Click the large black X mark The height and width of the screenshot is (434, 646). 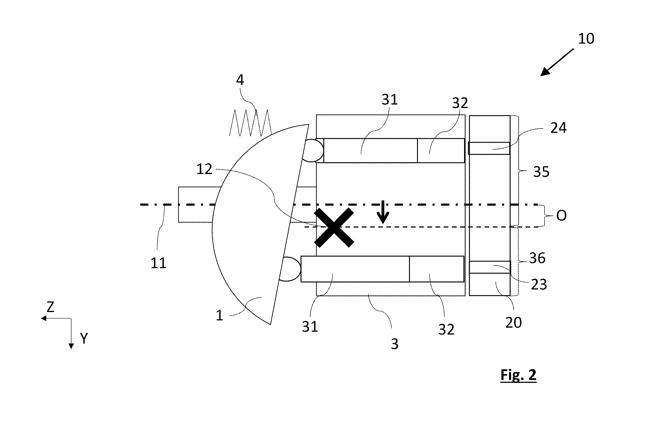point(334,227)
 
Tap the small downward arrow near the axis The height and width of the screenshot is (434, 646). point(383,212)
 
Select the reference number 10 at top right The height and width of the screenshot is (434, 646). point(586,39)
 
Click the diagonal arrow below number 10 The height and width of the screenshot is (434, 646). point(557,62)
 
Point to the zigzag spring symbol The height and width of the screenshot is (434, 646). point(250,123)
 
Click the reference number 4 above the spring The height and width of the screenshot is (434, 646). point(240,80)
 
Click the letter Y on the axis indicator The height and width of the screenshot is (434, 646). point(84,338)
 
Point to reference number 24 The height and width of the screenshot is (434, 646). point(558,128)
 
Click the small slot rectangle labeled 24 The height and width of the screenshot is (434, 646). point(489,148)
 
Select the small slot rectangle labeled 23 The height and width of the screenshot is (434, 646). point(490,267)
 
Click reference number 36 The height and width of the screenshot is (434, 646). point(537,258)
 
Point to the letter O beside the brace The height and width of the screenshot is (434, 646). point(561,216)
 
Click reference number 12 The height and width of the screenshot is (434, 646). point(204,169)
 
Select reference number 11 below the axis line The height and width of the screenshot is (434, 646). point(158,263)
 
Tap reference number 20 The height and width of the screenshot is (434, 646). point(513,323)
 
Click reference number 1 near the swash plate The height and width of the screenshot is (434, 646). point(219,315)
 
